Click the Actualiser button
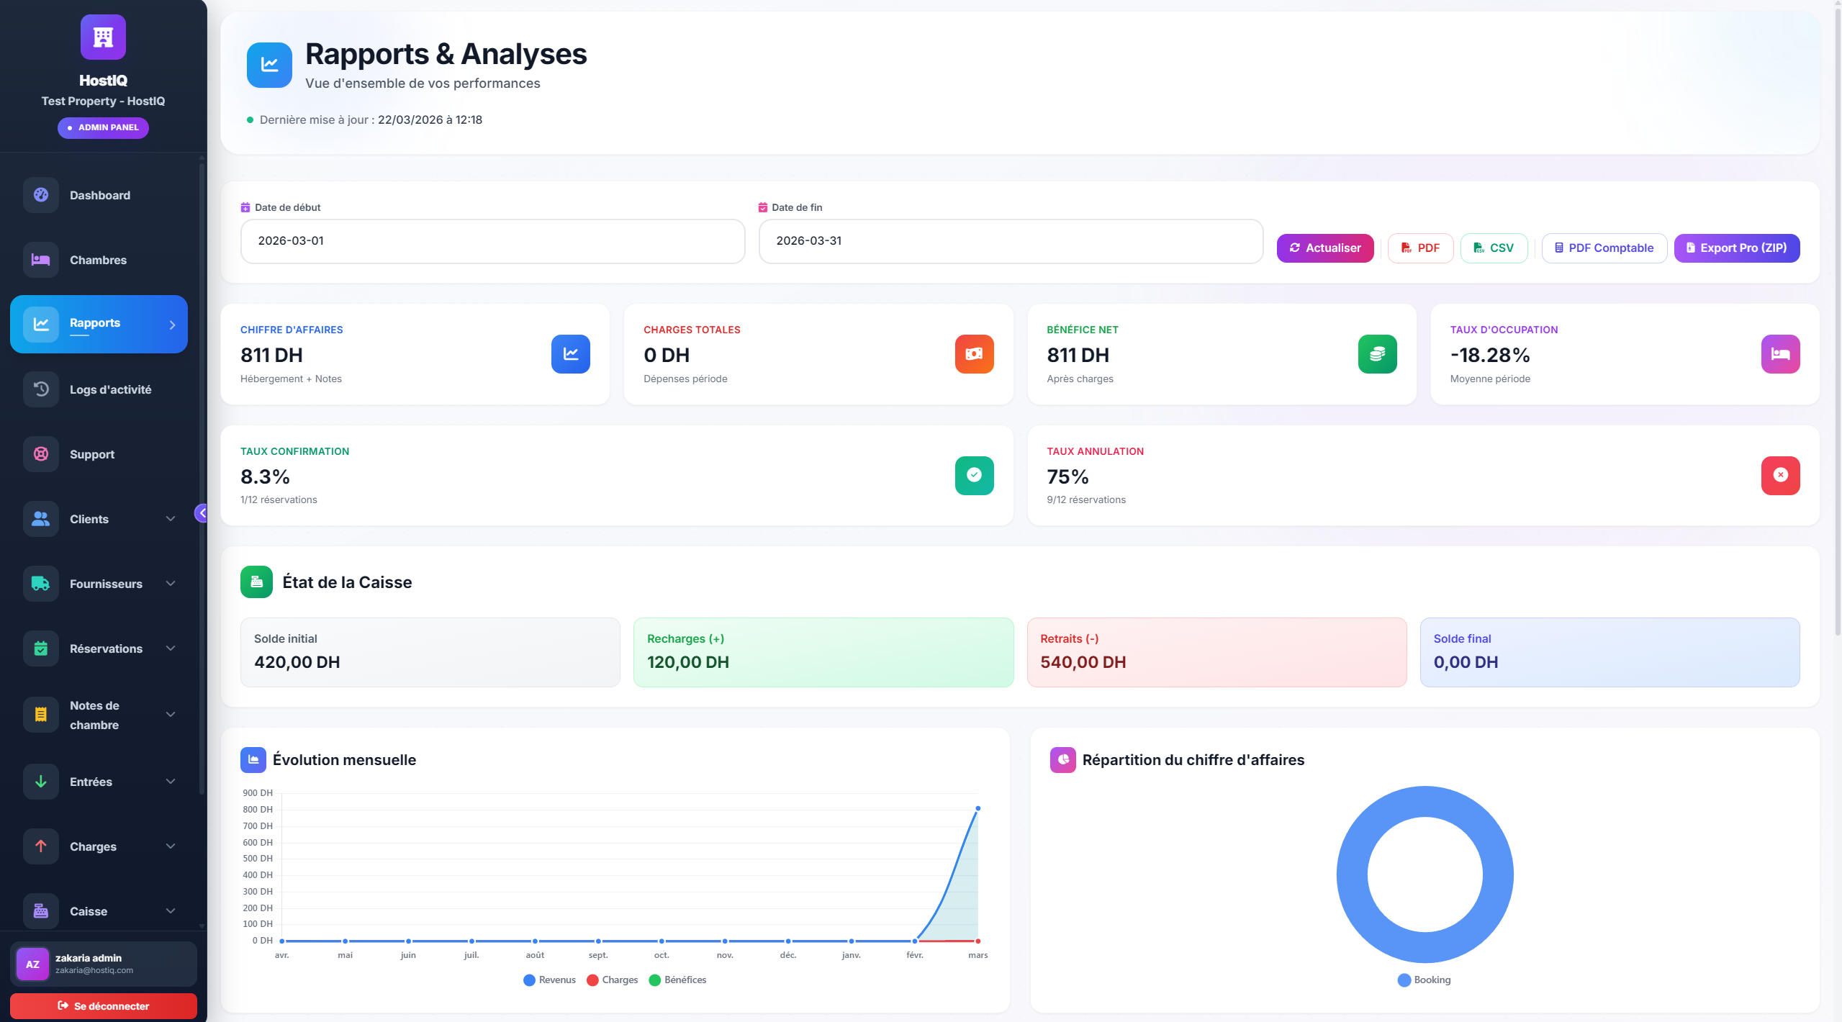[1324, 248]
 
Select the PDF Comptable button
[1604, 248]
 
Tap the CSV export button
[1494, 248]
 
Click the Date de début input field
[492, 241]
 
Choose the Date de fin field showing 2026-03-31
[1010, 241]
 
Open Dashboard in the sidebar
[99, 196]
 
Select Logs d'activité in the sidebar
[110, 390]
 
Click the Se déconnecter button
[104, 1006]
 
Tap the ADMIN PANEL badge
[103, 127]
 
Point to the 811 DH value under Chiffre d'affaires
[271, 356]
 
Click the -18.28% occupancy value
[1489, 356]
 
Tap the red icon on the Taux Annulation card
[1780, 475]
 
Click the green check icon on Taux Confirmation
[974, 475]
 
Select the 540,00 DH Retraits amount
[1083, 662]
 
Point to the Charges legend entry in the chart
[613, 980]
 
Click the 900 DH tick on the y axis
[258, 793]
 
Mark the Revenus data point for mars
[978, 809]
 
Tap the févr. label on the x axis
[914, 956]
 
